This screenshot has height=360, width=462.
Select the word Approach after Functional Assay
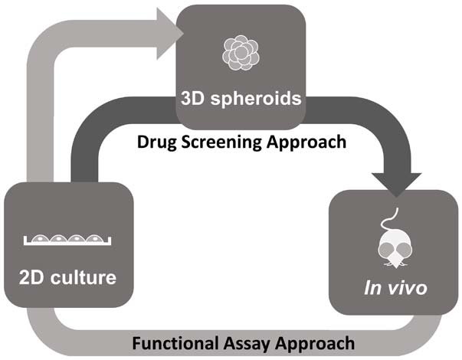(x=316, y=342)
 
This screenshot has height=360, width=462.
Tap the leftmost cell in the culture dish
(x=41, y=239)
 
